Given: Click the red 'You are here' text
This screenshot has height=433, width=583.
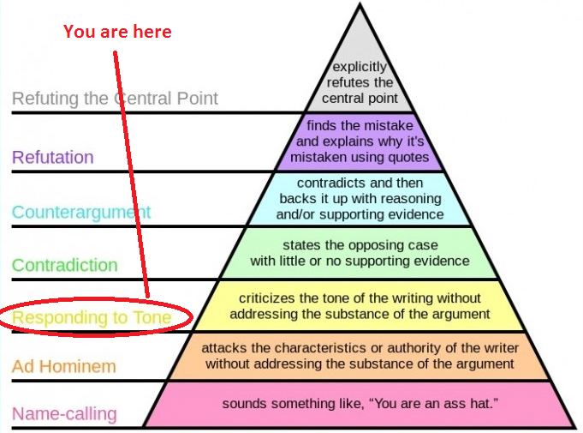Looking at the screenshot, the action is point(118,32).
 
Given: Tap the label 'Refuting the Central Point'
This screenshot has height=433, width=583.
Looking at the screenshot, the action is point(115,98).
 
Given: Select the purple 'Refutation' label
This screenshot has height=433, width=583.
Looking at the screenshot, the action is point(53,157).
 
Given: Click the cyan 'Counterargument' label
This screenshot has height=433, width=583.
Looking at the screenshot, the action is point(81,212).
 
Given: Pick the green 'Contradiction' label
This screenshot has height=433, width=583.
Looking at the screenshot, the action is point(65,265).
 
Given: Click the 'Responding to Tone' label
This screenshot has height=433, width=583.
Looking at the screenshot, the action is point(92,318).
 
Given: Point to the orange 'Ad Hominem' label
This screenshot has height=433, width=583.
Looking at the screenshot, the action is point(64,367).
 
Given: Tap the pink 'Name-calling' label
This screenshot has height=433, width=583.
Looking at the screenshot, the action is point(64,414).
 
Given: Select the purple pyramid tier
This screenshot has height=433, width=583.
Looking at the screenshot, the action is point(360,141).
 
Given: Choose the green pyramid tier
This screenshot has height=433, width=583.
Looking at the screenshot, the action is point(360,252).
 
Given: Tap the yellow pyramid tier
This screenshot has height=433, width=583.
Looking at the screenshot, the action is point(360,305).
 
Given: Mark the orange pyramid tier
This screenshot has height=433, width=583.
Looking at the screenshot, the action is point(360,356).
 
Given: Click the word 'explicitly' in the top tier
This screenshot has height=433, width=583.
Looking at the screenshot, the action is point(360,66).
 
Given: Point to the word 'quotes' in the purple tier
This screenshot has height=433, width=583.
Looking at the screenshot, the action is point(408,158).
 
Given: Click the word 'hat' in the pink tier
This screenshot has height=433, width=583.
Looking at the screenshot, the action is point(477,403).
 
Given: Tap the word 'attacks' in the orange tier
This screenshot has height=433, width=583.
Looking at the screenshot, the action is point(223,348).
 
